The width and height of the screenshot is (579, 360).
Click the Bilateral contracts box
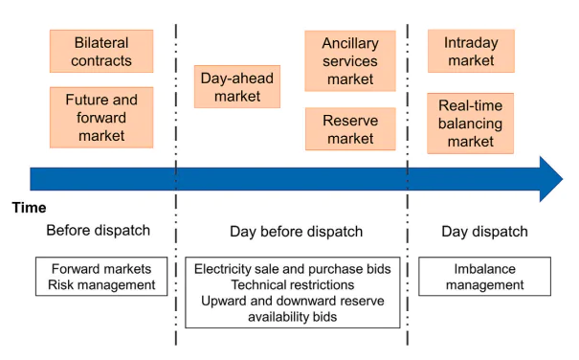pyautogui.click(x=101, y=52)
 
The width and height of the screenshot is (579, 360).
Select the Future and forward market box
pyautogui.click(x=101, y=118)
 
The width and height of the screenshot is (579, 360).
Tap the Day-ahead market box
pyautogui.click(x=237, y=87)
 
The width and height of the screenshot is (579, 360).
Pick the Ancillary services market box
pyautogui.click(x=350, y=61)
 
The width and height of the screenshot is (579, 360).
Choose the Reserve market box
pyautogui.click(x=350, y=129)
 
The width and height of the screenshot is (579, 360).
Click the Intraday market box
pyautogui.click(x=470, y=51)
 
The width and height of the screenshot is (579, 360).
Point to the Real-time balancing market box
pyautogui.click(x=470, y=124)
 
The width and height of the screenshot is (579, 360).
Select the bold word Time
pyautogui.click(x=29, y=208)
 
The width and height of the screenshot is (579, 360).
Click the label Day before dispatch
pyautogui.click(x=297, y=232)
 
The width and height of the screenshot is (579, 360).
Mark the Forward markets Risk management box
pyautogui.click(x=102, y=277)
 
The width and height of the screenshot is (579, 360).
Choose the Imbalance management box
pyautogui.click(x=483, y=277)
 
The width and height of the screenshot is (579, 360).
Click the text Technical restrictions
pyautogui.click(x=293, y=285)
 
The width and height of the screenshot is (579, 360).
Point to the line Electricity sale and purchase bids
pyautogui.click(x=293, y=269)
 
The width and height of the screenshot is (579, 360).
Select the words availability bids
pyautogui.click(x=293, y=317)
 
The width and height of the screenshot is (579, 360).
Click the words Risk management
pyautogui.click(x=102, y=284)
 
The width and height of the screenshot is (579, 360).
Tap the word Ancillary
pyautogui.click(x=350, y=44)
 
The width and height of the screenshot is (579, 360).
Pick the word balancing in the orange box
pyautogui.click(x=470, y=124)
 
